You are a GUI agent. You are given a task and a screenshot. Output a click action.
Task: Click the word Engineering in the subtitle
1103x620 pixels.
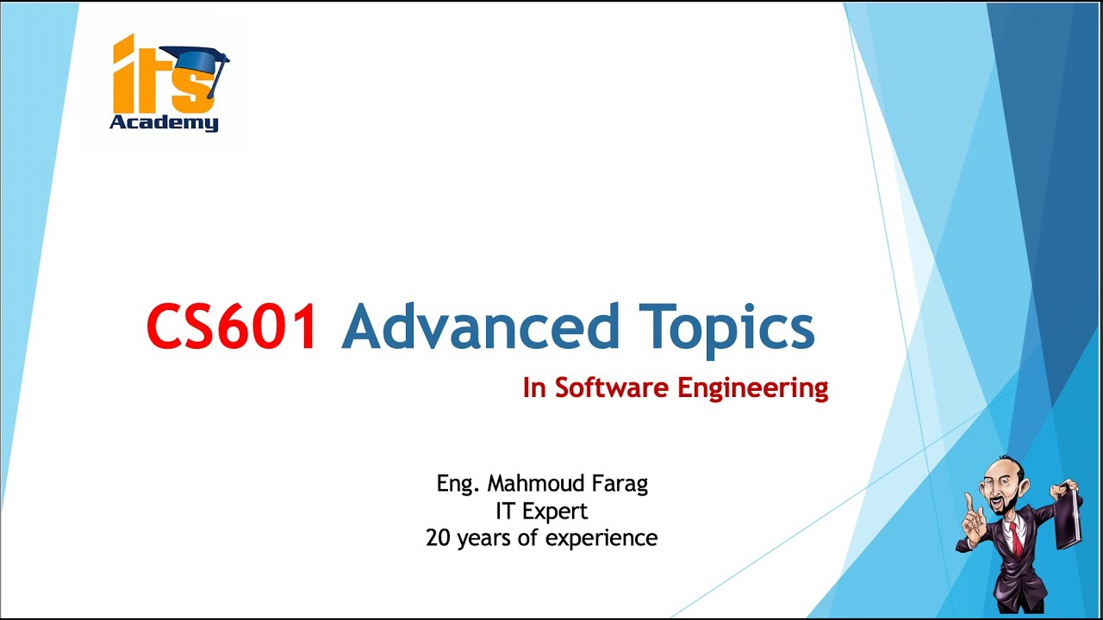coord(752,389)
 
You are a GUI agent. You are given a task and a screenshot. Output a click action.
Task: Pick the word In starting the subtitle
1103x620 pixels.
coord(534,388)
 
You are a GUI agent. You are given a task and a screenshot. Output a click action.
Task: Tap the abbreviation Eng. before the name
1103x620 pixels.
coord(457,484)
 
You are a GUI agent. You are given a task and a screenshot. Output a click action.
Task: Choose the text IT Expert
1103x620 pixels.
coord(541,511)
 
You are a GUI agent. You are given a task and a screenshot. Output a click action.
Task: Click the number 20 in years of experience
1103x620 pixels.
coord(439,538)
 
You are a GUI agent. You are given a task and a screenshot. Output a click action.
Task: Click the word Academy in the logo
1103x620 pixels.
coord(164,123)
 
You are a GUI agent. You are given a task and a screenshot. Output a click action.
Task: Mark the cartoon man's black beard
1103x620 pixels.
coord(1010,508)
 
